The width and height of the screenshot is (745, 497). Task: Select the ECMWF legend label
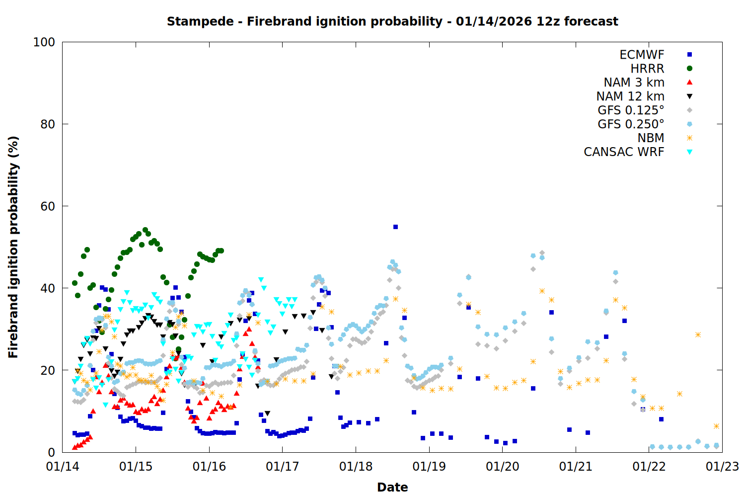coord(642,55)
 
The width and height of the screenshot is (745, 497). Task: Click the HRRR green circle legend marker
coord(689,69)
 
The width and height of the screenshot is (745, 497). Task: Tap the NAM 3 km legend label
coord(634,83)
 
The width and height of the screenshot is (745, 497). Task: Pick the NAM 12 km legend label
coord(630,96)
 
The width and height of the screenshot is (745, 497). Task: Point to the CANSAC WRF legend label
coord(624,152)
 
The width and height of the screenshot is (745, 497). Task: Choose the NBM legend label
coord(651,138)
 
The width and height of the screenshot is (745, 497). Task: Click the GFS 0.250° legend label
coord(631,124)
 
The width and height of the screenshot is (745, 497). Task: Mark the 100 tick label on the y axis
coord(44,42)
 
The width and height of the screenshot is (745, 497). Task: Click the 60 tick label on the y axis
coord(48,206)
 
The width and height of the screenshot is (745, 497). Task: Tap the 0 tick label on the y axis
coord(51,452)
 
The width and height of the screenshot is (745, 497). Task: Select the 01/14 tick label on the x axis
coord(62,467)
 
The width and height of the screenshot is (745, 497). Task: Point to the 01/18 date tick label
coord(356,467)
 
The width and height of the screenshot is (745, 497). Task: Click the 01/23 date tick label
coord(722,467)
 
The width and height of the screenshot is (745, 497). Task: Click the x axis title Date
coord(392,487)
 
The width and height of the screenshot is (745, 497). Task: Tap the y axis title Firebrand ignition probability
coord(13,247)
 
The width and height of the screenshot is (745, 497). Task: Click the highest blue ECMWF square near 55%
coord(395,227)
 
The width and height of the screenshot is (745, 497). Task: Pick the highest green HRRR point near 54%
coord(145,230)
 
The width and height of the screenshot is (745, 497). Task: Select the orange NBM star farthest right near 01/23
coord(716,426)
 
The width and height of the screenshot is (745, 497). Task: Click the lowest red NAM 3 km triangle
coord(74,447)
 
